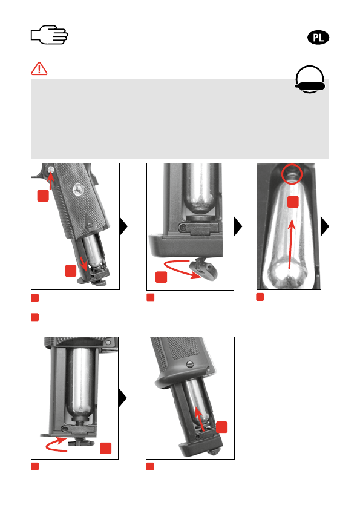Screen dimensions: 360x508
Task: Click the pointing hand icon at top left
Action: coord(49,35)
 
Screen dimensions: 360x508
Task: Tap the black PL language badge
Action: coord(318,38)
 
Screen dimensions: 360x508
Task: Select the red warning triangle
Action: coord(39,68)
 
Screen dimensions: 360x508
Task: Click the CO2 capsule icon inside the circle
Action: coord(310,86)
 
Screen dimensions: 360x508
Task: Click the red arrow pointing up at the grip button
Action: coord(50,180)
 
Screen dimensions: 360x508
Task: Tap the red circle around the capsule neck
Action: coord(292,174)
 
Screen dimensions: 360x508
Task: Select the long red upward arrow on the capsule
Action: coord(291,244)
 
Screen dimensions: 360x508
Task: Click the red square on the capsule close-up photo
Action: coord(293,202)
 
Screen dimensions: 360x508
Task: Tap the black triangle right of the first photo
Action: coord(123,226)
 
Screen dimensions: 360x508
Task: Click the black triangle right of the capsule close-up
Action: coord(325,226)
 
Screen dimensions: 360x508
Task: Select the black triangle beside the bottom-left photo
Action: coord(122,398)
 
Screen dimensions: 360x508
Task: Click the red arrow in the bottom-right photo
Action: coord(200,418)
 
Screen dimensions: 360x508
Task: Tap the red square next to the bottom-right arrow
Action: coord(222,427)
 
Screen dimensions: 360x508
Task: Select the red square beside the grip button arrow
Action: coord(43,196)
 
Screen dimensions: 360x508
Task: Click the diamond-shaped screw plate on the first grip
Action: coord(90,223)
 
